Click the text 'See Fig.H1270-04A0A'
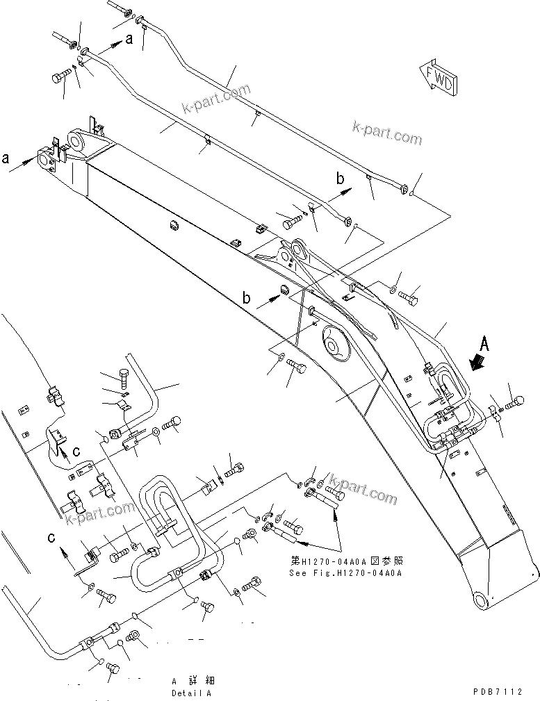pyautogui.click(x=345, y=573)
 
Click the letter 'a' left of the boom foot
pyautogui.click(x=6, y=158)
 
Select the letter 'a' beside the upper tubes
pyautogui.click(x=129, y=40)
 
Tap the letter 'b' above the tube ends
pyautogui.click(x=341, y=179)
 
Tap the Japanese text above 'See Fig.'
pyautogui.click(x=345, y=561)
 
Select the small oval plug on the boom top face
pyautogui.click(x=172, y=224)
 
